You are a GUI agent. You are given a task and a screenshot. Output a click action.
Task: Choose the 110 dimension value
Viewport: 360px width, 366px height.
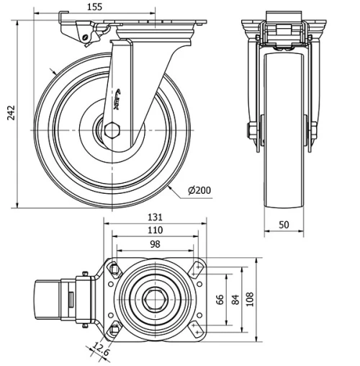pos(153,231)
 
